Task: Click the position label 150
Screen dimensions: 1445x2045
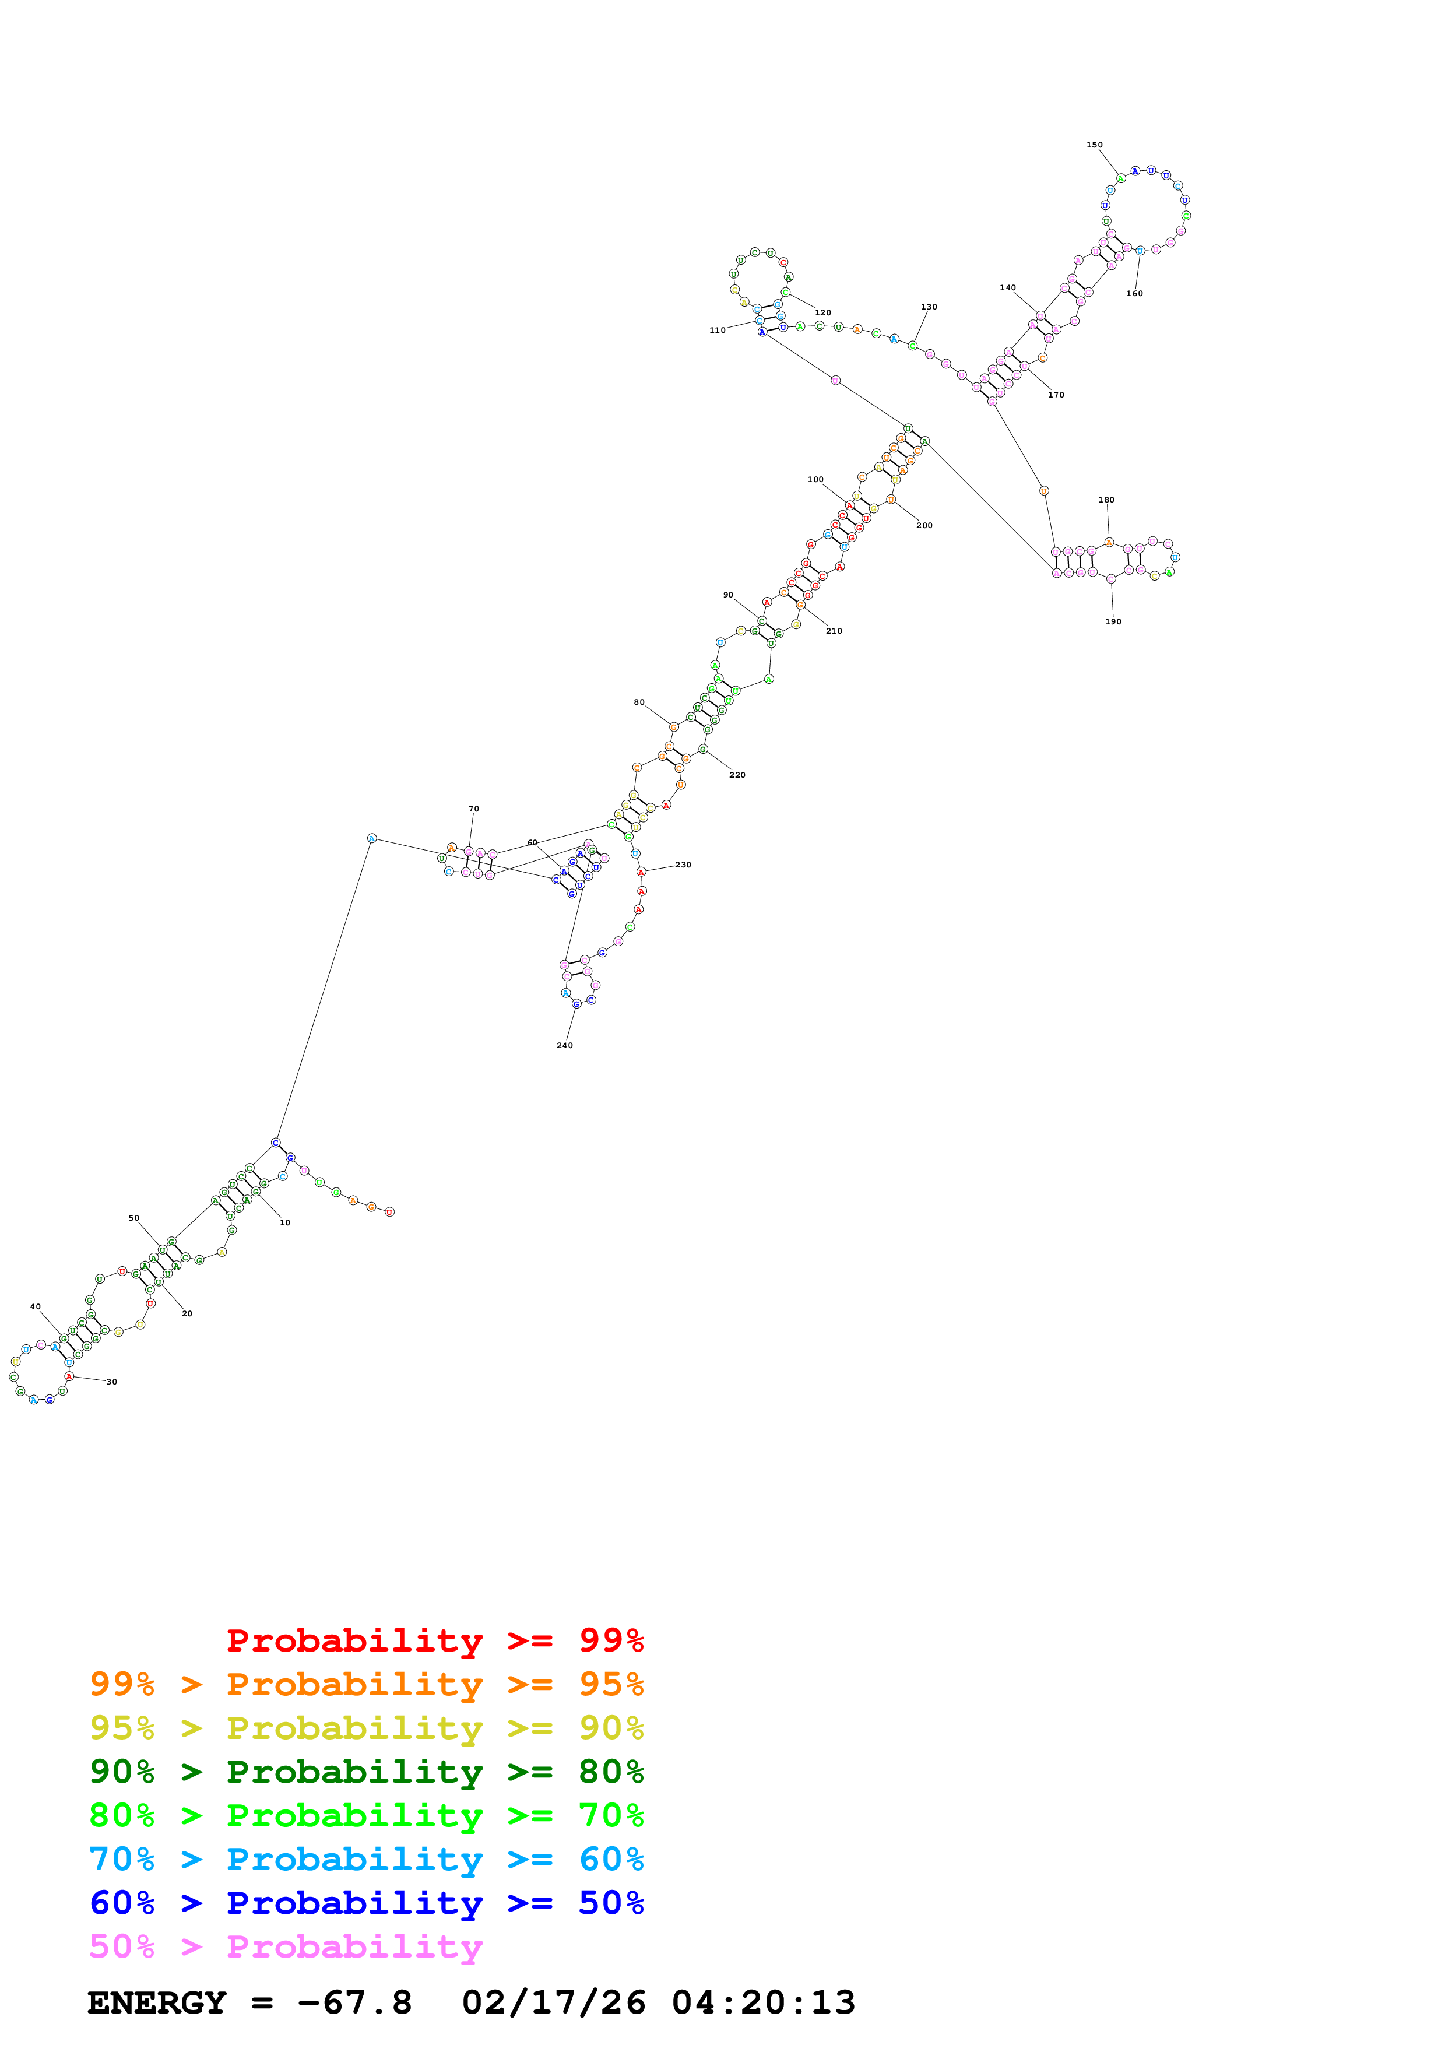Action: coord(1094,145)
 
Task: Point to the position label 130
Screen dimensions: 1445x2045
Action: coord(929,307)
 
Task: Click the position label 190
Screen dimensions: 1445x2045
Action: coord(1113,621)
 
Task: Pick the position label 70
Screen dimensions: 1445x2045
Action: coord(474,809)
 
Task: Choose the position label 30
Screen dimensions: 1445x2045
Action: coord(111,1382)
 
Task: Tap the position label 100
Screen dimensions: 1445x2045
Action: coord(815,479)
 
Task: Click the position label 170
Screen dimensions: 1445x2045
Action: coord(1056,395)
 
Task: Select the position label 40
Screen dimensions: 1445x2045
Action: coord(36,1306)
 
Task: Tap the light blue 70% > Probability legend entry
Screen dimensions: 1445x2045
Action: coord(366,1859)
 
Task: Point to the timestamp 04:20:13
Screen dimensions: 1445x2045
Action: coord(763,2002)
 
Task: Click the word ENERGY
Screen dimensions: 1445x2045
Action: coord(157,2002)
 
